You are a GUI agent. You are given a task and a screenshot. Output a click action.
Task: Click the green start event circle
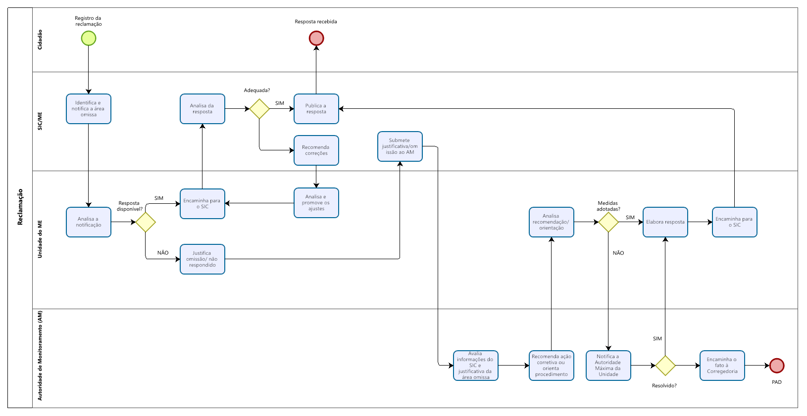(89, 38)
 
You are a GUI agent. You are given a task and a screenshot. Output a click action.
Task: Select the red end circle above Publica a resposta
(316, 38)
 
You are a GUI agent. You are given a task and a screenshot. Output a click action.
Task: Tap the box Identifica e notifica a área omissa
(89, 109)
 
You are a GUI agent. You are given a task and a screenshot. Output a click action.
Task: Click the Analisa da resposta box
(202, 109)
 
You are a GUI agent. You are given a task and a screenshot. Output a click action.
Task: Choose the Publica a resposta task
(316, 109)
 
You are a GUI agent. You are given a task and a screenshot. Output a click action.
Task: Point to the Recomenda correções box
(316, 150)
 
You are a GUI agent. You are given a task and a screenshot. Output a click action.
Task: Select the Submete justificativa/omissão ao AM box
(400, 146)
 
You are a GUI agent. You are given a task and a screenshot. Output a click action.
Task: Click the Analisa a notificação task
(89, 222)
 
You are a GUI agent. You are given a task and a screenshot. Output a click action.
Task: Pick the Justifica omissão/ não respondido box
(202, 259)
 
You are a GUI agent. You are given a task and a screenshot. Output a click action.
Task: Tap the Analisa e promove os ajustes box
(316, 203)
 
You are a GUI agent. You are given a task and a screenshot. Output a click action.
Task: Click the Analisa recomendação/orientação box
(552, 222)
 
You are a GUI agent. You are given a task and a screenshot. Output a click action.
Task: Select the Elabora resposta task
(665, 222)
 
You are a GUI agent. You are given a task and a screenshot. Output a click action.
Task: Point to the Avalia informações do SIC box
(476, 366)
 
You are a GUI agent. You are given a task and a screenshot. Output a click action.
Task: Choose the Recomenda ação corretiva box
(552, 366)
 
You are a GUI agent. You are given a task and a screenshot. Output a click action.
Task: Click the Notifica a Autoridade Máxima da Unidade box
(608, 366)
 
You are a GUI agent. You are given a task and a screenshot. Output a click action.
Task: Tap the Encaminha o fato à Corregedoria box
(722, 366)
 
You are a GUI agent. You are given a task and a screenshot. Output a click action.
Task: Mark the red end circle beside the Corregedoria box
(777, 366)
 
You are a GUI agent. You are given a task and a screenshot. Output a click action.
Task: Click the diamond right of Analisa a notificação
(146, 222)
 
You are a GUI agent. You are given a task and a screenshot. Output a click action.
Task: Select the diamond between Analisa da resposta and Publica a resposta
(259, 109)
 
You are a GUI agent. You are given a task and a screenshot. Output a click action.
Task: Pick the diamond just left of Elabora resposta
(608, 222)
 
